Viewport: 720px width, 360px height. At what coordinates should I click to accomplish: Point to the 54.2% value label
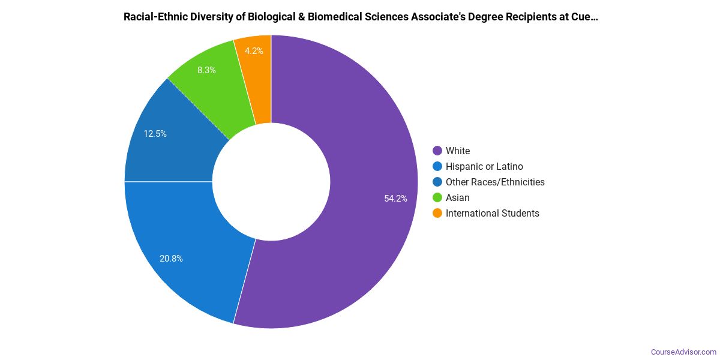[x=395, y=199]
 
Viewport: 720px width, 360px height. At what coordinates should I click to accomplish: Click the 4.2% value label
[x=254, y=51]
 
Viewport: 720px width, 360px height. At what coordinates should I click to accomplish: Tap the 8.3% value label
[x=206, y=70]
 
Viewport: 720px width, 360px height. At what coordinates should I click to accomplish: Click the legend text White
[x=458, y=151]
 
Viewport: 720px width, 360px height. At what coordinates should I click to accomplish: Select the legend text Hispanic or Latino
[x=484, y=167]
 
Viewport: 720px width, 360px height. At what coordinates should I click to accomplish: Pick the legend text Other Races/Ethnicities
[x=495, y=182]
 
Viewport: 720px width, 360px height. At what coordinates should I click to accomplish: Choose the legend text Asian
[x=458, y=198]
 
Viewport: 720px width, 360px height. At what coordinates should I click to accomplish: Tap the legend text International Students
[x=493, y=214]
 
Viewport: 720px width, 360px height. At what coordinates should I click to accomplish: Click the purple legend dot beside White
[x=437, y=151]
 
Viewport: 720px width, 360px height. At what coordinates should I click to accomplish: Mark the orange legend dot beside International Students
[x=437, y=214]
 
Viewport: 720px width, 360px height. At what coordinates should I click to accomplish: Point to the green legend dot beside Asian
[x=437, y=198]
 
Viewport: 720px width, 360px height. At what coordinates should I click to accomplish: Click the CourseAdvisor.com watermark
[x=683, y=352]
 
